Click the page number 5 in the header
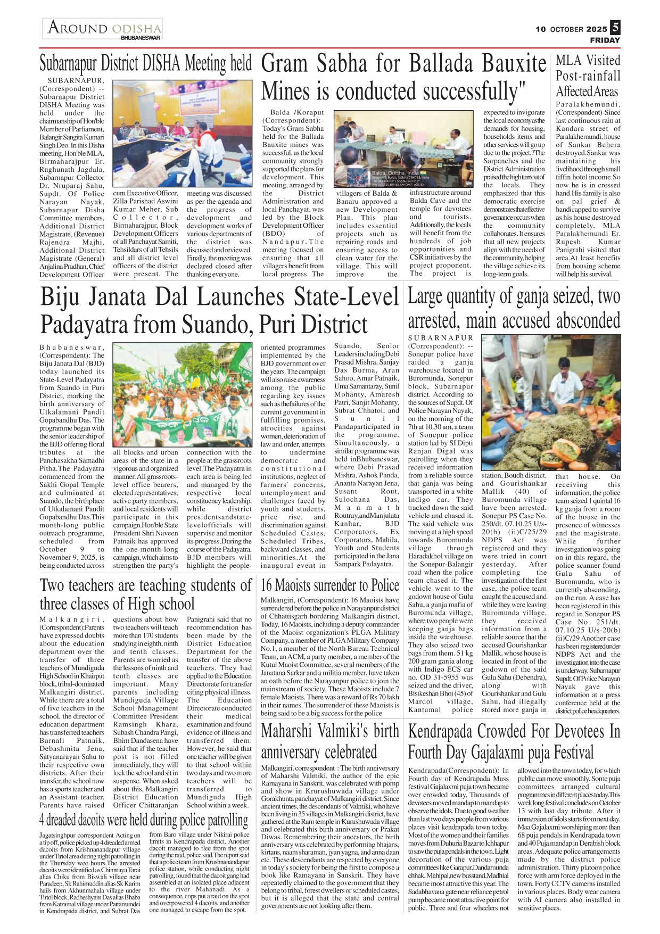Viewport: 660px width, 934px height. point(615,27)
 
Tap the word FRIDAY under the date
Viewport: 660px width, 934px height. point(605,40)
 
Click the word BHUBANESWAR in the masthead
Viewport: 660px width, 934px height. point(141,38)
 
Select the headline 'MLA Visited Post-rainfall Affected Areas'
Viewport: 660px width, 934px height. point(588,76)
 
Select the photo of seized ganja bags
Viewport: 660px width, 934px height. point(551,402)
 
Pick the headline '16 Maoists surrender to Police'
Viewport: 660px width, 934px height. point(329,585)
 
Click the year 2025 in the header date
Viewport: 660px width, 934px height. point(597,29)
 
